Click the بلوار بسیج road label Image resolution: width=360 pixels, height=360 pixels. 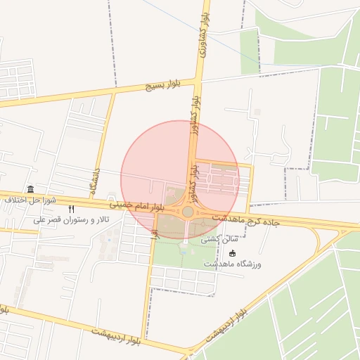tap(165, 85)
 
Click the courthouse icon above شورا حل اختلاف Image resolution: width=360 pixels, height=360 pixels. tap(30, 189)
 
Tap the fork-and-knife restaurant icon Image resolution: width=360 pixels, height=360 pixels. tap(71, 210)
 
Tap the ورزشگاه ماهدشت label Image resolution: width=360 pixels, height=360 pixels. tap(233, 263)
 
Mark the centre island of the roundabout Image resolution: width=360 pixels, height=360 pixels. tap(188, 212)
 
